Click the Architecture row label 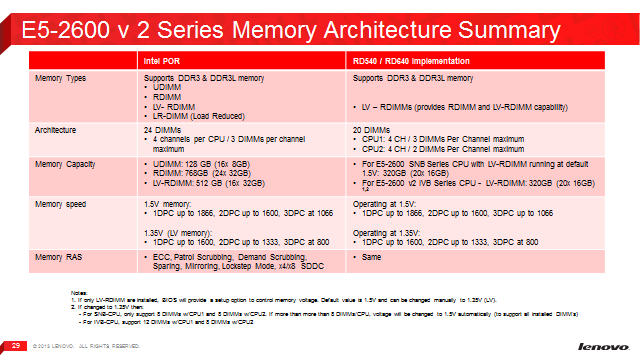pyautogui.click(x=57, y=129)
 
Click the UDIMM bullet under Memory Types pyautogui.click(x=165, y=86)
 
